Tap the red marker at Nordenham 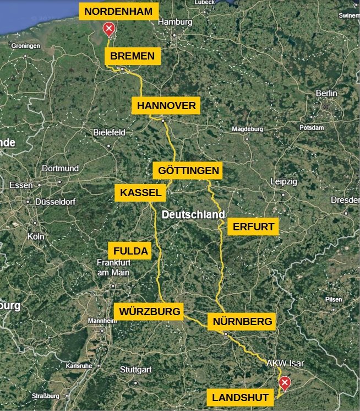[x=109, y=29]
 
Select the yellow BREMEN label [x=133, y=56]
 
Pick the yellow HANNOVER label [x=166, y=105]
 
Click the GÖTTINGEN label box [x=188, y=171]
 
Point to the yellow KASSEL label [x=141, y=192]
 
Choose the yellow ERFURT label [x=253, y=226]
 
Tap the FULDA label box [x=130, y=251]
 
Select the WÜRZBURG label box [x=149, y=311]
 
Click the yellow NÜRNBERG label [x=241, y=321]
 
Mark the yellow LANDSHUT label [x=240, y=397]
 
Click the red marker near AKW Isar [x=285, y=383]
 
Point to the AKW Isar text [x=285, y=364]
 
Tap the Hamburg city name [x=175, y=23]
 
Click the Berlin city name [x=326, y=94]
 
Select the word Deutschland [x=194, y=214]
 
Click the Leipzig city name [x=284, y=182]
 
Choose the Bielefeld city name [x=110, y=132]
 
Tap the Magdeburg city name [x=248, y=129]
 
